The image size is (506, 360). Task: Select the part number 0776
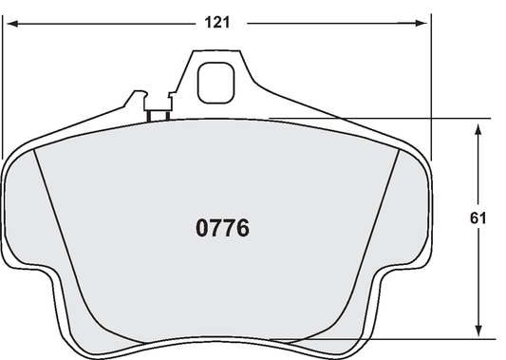(222, 229)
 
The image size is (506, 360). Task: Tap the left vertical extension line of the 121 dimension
(4, 95)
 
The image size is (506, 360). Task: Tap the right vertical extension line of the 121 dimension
(430, 95)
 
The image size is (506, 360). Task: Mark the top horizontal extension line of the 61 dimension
(380, 118)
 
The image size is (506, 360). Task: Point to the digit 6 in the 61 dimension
(474, 218)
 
